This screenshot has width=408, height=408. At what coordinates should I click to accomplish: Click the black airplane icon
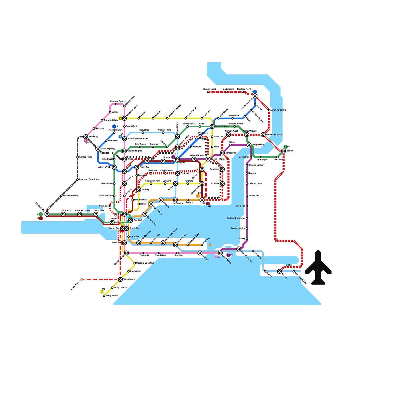[x=318, y=268]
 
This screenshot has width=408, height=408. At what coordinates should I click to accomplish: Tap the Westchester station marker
[x=120, y=279]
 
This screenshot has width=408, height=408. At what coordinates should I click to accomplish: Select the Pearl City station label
[x=93, y=137]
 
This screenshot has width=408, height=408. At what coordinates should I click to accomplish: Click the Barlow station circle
[x=284, y=151]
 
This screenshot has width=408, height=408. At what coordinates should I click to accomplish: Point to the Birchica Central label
[x=278, y=110]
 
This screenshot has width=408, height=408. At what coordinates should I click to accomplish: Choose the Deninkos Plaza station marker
[x=263, y=135]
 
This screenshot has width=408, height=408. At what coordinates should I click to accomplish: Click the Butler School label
[x=222, y=126]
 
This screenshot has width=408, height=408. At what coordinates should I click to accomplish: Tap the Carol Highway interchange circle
[x=98, y=149]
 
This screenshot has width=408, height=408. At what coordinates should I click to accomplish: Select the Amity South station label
[x=111, y=296]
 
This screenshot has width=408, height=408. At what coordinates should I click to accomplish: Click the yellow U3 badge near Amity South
[x=102, y=292]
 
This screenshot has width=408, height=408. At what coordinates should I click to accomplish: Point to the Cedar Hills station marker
[x=96, y=214]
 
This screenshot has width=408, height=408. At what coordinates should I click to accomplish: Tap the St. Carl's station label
[x=66, y=211]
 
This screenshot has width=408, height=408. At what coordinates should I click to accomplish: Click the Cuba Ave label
[x=135, y=237]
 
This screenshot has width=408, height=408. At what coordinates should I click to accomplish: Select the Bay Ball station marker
[x=131, y=220]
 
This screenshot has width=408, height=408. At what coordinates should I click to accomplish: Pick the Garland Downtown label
[x=236, y=218]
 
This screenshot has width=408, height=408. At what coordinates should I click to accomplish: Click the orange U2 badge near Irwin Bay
[x=210, y=245]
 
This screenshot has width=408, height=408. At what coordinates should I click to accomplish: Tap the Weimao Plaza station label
[x=85, y=157]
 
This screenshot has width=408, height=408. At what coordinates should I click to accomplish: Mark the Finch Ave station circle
[x=137, y=167]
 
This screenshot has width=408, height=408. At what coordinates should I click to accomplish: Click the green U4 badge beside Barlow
[x=286, y=147]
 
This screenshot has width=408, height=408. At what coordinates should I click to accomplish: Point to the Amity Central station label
[x=120, y=288]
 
